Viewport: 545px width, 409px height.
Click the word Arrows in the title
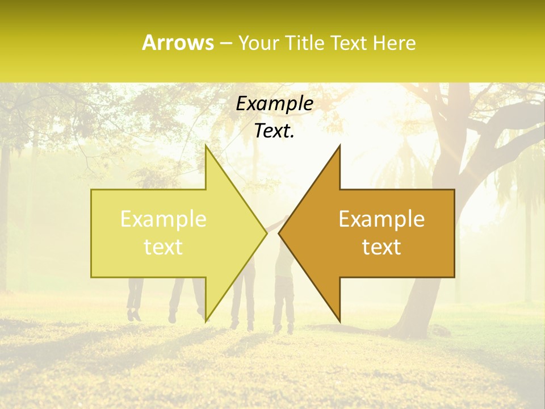tap(178, 43)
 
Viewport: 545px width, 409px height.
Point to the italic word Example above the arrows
tap(274, 104)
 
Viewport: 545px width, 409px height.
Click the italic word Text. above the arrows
tap(274, 131)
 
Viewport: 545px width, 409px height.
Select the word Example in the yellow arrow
tap(163, 219)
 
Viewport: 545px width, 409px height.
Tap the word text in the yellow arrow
tap(163, 247)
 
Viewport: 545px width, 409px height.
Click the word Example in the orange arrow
tap(381, 219)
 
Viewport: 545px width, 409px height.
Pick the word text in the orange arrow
tap(381, 247)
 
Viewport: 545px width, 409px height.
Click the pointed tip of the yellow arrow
tap(266, 233)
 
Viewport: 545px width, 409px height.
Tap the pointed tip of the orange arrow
tap(280, 233)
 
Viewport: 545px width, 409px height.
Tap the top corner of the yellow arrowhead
tap(206, 145)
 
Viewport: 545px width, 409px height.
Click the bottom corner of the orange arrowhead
tap(340, 322)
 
